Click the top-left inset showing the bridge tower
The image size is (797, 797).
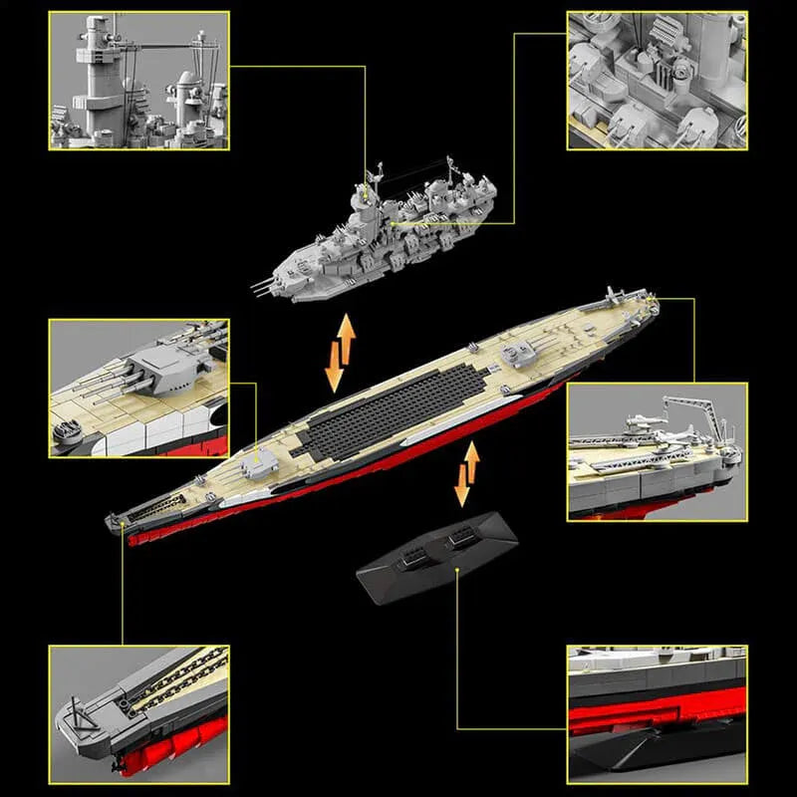(x=138, y=81)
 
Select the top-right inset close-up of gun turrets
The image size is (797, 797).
(x=657, y=81)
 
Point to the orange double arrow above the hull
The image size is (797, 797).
(x=340, y=354)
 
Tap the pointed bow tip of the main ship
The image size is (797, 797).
(x=112, y=519)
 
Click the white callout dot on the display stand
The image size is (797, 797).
(x=456, y=570)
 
